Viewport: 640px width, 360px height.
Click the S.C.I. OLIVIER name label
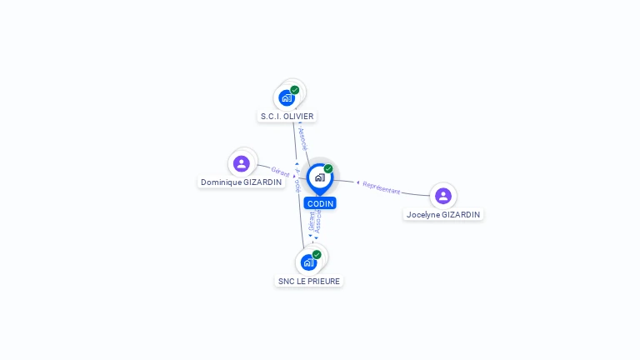(x=287, y=117)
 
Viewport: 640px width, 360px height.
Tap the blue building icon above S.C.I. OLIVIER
(x=287, y=97)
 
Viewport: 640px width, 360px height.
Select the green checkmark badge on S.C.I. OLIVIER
(x=295, y=90)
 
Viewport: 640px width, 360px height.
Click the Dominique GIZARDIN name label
(x=241, y=182)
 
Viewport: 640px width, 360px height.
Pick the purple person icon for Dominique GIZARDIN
(x=242, y=163)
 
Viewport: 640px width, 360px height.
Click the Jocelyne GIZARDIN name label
(x=443, y=214)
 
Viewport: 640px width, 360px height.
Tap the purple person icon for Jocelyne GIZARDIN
(x=443, y=196)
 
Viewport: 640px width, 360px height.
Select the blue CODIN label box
(x=320, y=203)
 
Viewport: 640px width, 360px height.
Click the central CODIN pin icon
(x=319, y=177)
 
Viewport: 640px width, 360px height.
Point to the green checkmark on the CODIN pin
(x=328, y=169)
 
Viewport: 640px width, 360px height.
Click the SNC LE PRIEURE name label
(x=309, y=281)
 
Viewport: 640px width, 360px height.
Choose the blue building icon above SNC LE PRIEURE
(x=308, y=262)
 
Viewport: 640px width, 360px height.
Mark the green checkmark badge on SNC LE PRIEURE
(x=317, y=254)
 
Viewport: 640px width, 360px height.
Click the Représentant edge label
(x=382, y=188)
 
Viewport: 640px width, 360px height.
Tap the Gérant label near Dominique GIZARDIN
(x=279, y=171)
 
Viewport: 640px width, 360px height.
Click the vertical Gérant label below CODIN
(x=312, y=221)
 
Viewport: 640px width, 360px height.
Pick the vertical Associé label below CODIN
(x=318, y=221)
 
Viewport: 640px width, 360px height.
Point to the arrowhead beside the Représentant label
(x=357, y=182)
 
